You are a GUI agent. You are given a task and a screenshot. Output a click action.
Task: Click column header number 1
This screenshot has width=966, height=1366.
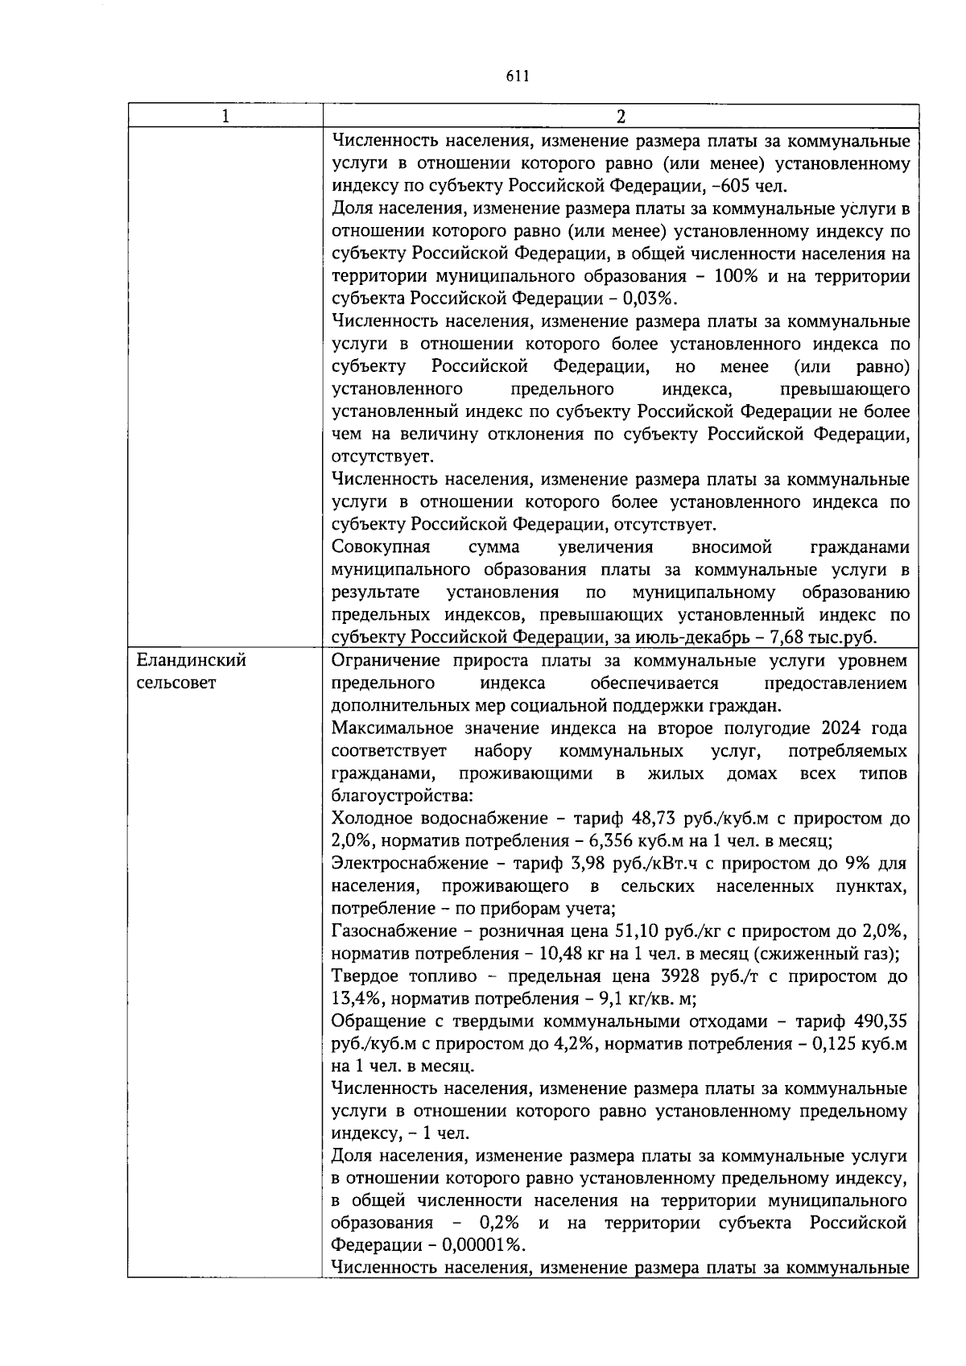[225, 116]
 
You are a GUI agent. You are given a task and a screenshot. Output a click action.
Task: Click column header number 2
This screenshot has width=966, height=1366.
[620, 116]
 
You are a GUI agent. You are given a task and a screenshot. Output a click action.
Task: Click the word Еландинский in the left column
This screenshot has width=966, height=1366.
[191, 661]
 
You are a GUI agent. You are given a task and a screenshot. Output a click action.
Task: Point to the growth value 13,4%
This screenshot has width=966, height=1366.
[356, 999]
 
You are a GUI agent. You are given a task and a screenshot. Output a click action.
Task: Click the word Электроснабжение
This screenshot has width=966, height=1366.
[411, 864]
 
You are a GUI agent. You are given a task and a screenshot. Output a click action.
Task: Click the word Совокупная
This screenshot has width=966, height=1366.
[380, 547]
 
